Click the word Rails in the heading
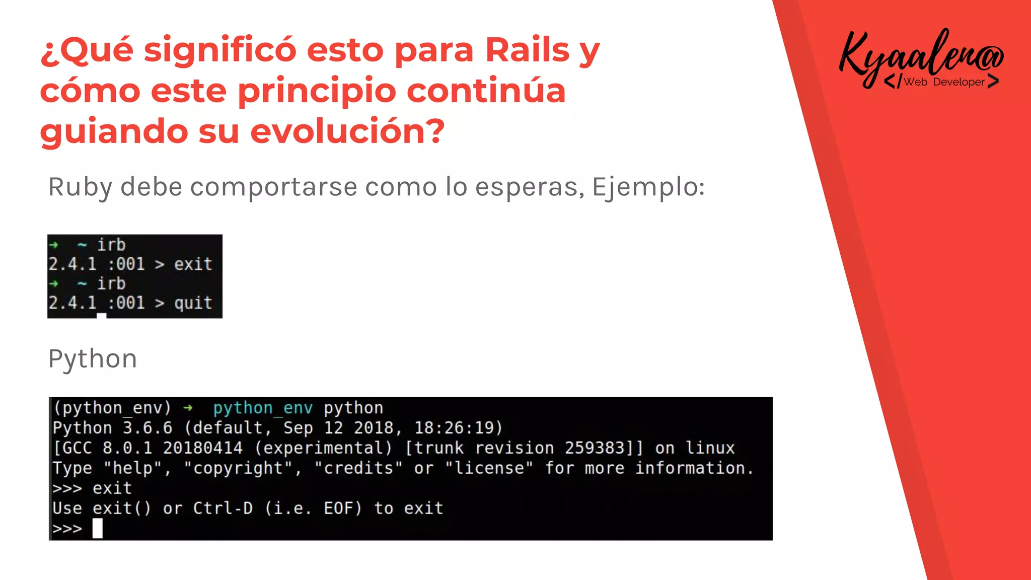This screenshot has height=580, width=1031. (x=527, y=50)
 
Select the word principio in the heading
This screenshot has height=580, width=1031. (x=317, y=92)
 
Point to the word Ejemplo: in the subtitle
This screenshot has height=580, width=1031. (x=648, y=187)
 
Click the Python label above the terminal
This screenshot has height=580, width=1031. (x=93, y=359)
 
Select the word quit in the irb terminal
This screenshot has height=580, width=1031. (x=193, y=303)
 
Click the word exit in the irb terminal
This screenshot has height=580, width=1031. (x=193, y=264)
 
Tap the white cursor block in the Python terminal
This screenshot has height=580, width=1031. (x=97, y=529)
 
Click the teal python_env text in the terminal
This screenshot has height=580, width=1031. (x=263, y=408)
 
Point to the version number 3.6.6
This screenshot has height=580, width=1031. (x=148, y=428)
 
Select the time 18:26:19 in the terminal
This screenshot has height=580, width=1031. (x=458, y=428)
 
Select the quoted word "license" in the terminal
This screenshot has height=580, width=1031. (x=489, y=468)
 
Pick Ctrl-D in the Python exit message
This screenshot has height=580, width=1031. (x=223, y=509)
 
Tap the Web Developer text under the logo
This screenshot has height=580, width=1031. (x=943, y=82)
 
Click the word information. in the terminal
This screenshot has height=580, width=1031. (x=694, y=468)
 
